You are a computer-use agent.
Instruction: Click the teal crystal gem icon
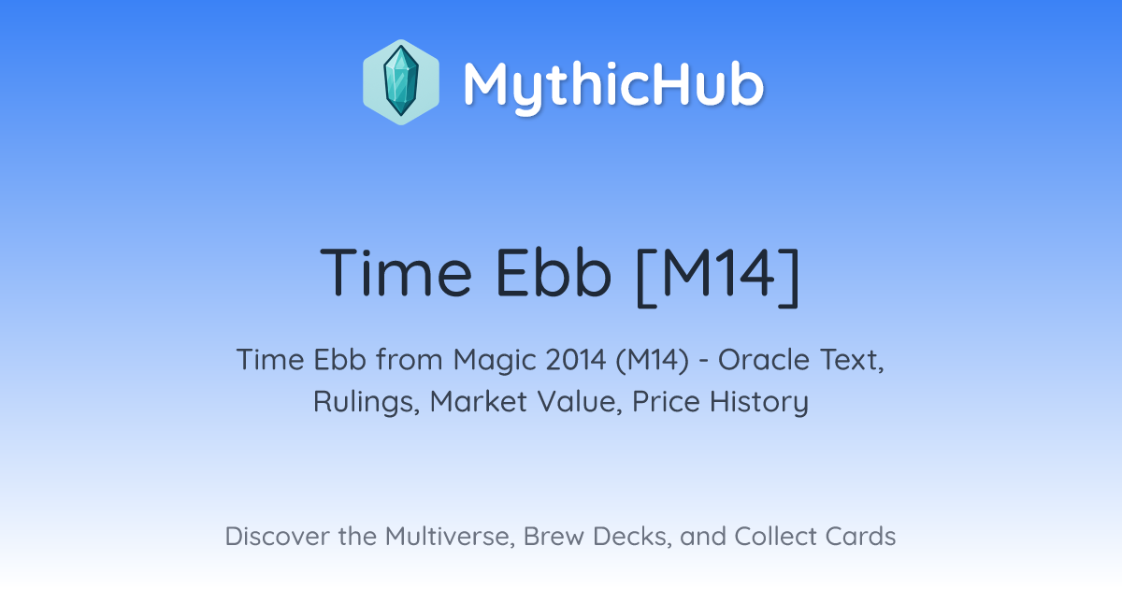tap(401, 82)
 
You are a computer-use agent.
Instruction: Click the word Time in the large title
tap(396, 273)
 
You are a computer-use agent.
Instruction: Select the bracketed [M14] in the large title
tap(718, 276)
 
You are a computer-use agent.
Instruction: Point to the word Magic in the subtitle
tap(495, 360)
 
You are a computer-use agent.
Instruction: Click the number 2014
tap(576, 360)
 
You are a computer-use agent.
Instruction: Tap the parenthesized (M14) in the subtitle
tap(653, 360)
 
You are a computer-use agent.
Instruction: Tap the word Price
tap(666, 402)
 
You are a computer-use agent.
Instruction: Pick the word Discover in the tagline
tap(278, 536)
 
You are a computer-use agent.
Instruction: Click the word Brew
tap(554, 536)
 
